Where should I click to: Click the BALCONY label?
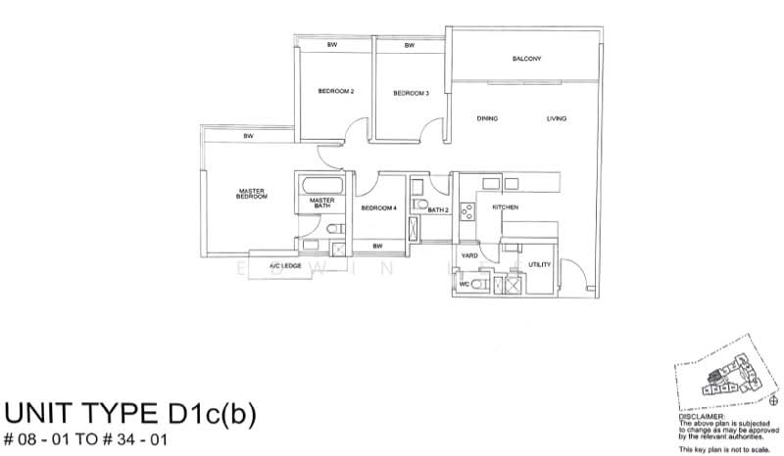pyautogui.click(x=526, y=60)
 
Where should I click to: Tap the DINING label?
pyautogui.click(x=487, y=119)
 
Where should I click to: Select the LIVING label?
pyautogui.click(x=557, y=119)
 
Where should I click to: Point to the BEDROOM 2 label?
pyautogui.click(x=336, y=92)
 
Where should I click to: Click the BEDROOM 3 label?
pyautogui.click(x=411, y=93)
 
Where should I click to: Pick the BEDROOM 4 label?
pyautogui.click(x=377, y=208)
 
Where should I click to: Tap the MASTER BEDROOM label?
pyautogui.click(x=252, y=194)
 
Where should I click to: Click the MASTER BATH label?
pyautogui.click(x=323, y=204)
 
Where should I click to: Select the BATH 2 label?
pyautogui.click(x=438, y=209)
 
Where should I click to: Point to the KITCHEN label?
pyautogui.click(x=505, y=208)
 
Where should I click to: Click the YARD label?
pyautogui.click(x=470, y=256)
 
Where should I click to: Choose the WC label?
pyautogui.click(x=465, y=285)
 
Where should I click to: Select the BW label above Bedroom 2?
pyautogui.click(x=333, y=46)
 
